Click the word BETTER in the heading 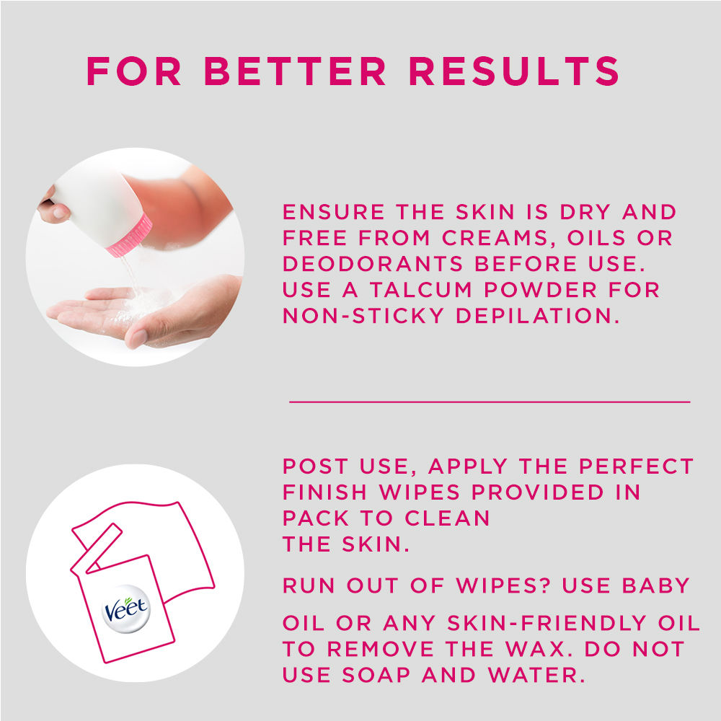295,71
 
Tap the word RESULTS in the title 514,71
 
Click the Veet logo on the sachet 126,609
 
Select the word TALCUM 421,290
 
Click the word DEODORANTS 373,264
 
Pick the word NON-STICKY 363,316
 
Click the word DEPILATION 538,316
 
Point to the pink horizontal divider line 490,402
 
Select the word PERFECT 636,466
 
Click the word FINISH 324,492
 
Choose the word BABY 655,585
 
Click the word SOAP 376,676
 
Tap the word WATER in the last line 536,676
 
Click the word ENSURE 333,212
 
